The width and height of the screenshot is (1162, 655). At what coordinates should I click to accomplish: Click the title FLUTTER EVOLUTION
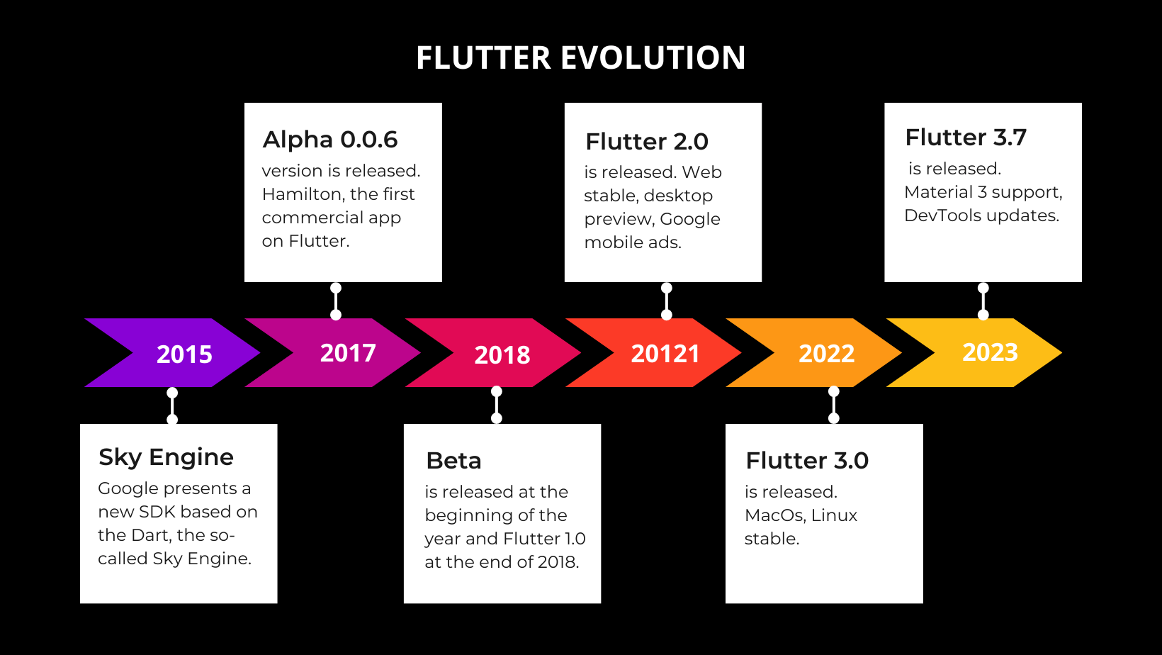point(580,57)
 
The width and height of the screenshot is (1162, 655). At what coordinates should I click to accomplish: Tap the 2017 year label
point(348,352)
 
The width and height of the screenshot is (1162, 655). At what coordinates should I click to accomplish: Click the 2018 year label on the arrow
point(502,354)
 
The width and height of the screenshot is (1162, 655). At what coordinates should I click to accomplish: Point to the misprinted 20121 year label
point(665,353)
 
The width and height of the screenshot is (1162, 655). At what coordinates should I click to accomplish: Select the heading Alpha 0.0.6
point(330,140)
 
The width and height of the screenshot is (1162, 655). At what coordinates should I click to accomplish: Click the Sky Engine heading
point(166,457)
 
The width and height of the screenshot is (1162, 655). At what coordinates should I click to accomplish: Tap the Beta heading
point(453,461)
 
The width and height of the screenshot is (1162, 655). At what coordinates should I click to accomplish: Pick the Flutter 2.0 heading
point(646,142)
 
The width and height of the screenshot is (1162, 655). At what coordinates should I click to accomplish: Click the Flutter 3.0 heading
point(807,461)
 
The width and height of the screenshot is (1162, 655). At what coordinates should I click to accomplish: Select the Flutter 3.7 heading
point(966,138)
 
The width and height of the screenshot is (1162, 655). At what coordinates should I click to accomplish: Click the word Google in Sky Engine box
point(128,488)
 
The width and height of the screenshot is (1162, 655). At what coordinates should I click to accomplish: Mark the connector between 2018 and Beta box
point(497,405)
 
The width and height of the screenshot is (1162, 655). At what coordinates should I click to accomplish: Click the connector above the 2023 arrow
point(983,301)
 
